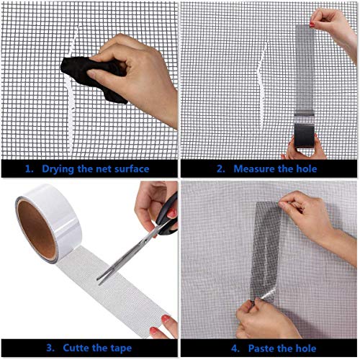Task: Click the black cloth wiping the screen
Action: pyautogui.click(x=94, y=77)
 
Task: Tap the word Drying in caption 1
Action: pyautogui.click(x=58, y=169)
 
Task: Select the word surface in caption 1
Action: pyautogui.click(x=132, y=168)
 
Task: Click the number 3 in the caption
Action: pyautogui.click(x=50, y=348)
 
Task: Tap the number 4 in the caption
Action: pyautogui.click(x=235, y=348)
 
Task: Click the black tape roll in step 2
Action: pyautogui.click(x=304, y=135)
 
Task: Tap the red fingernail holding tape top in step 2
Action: pyautogui.click(x=312, y=24)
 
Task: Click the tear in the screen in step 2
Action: pyautogui.click(x=261, y=84)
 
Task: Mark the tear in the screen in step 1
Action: pyautogui.click(x=71, y=96)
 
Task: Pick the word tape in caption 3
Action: pyautogui.click(x=121, y=348)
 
